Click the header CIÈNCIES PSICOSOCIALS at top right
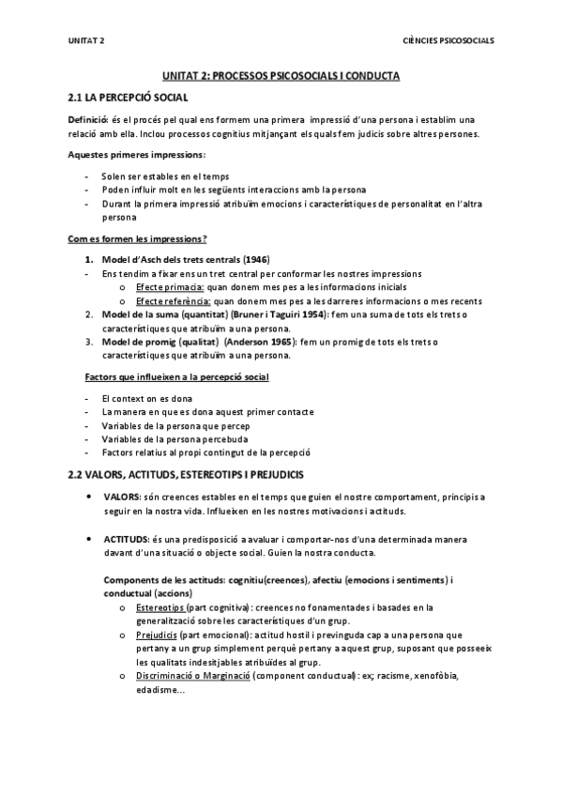click(448, 40)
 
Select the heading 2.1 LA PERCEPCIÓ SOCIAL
click(129, 97)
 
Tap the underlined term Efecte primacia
click(166, 286)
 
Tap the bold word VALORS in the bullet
click(123, 496)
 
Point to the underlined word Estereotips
click(159, 607)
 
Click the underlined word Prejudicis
click(156, 635)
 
